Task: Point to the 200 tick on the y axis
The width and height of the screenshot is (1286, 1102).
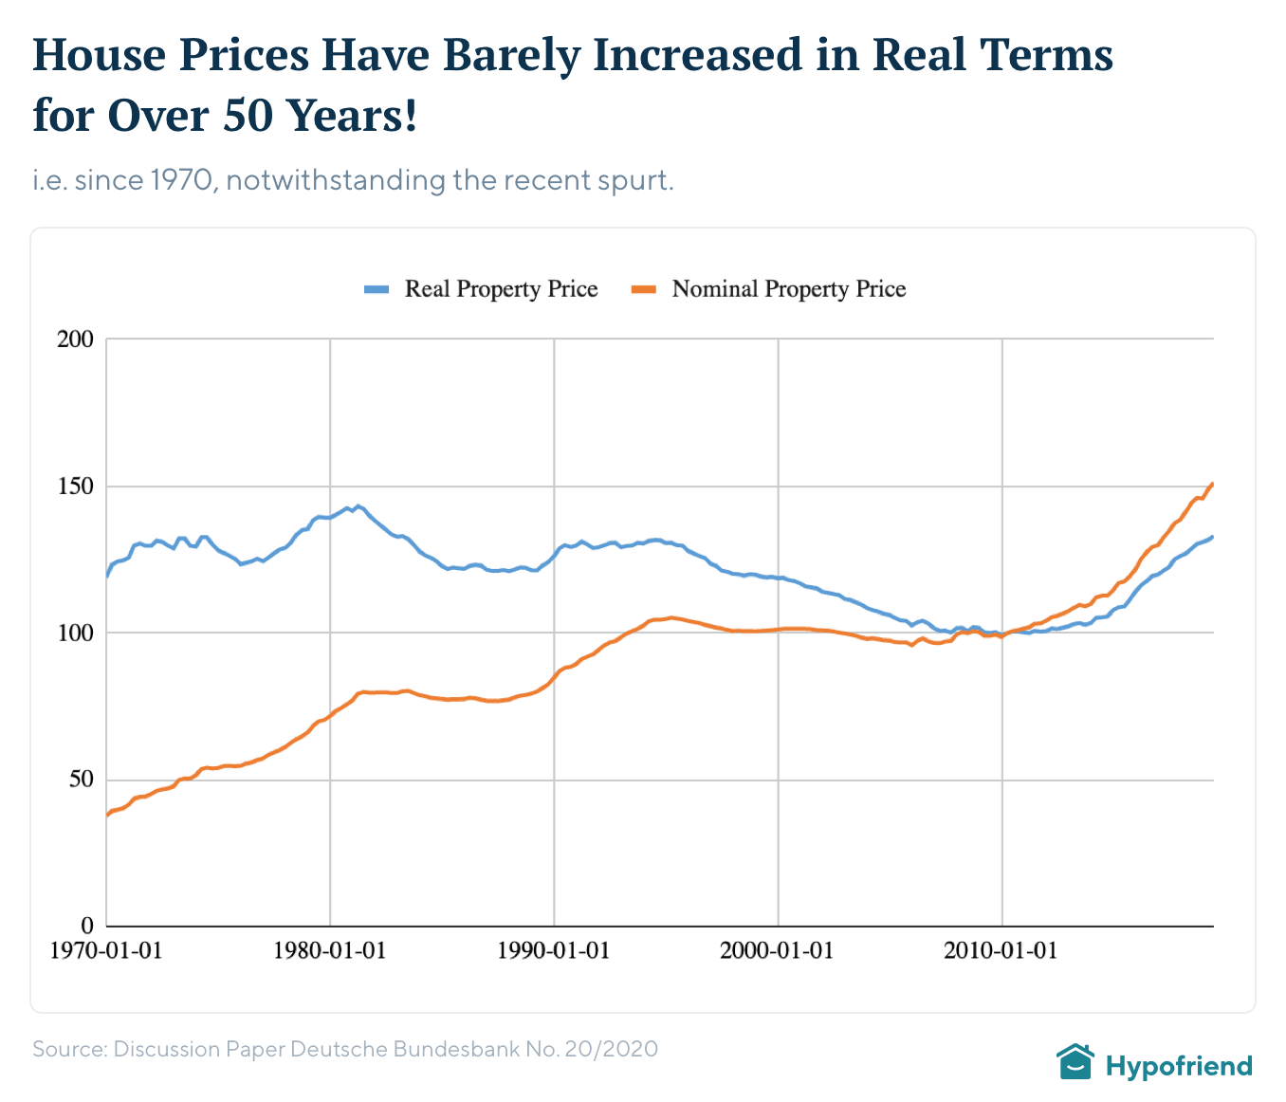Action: pos(76,339)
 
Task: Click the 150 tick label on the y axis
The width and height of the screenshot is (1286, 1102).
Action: pos(76,486)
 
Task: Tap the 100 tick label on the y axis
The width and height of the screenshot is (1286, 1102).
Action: pos(76,633)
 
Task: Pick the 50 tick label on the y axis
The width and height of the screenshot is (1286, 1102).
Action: pos(82,780)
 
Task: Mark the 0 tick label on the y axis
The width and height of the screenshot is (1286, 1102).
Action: pos(87,926)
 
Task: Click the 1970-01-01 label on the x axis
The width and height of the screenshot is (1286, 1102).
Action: pos(106,950)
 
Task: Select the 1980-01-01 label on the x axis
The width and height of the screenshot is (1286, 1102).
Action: pos(330,950)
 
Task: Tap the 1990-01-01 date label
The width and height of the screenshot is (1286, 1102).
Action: pos(554,950)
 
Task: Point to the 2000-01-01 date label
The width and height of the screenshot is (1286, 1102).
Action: pos(778,950)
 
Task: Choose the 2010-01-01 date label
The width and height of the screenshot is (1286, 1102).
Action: pos(1001,950)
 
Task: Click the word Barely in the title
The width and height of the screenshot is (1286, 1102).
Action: pos(510,55)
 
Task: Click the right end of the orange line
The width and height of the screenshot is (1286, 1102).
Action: pos(1213,484)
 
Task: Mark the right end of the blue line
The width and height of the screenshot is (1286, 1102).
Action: pos(1213,537)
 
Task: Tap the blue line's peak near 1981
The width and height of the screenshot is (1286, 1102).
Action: pos(358,505)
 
